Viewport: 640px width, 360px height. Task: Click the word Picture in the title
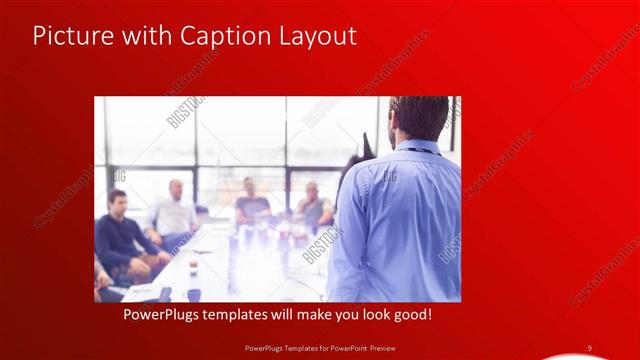pos(67,36)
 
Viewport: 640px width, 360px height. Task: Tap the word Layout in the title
pos(315,36)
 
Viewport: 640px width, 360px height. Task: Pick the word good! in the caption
pos(411,314)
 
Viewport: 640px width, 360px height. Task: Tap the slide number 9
pos(590,347)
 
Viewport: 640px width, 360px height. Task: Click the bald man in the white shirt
pos(176,211)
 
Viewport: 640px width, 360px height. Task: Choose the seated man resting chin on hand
pos(313,204)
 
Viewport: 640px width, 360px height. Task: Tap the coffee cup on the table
pos(194,266)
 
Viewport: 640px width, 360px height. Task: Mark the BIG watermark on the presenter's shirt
pos(388,176)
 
